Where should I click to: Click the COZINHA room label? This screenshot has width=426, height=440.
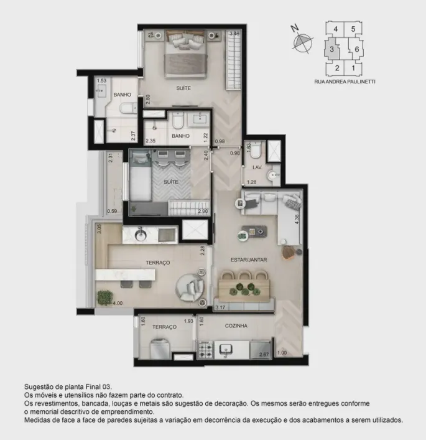click(x=236, y=325)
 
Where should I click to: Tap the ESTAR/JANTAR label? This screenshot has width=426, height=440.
click(x=249, y=260)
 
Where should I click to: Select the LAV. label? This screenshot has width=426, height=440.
click(x=257, y=167)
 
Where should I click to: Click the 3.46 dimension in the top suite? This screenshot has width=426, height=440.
click(x=234, y=34)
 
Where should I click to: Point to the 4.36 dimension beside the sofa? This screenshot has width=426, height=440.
click(x=297, y=219)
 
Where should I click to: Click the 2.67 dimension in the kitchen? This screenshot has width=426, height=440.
click(x=264, y=354)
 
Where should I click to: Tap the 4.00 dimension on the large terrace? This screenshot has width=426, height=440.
click(x=118, y=303)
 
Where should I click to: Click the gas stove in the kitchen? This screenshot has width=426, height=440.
click(x=206, y=350)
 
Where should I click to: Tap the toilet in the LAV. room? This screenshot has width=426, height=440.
click(x=256, y=149)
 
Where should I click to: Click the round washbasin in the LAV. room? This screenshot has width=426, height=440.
click(x=272, y=176)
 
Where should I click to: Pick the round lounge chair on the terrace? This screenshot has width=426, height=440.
click(x=190, y=288)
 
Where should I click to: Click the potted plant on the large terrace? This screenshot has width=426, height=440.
click(x=105, y=297)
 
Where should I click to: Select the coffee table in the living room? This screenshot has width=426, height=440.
click(x=254, y=232)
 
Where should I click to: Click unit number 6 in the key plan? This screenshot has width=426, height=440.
click(x=357, y=49)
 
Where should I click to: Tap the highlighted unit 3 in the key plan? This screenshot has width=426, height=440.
click(x=331, y=49)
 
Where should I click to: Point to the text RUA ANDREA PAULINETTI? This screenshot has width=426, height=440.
click(x=345, y=82)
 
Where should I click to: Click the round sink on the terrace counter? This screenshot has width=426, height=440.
click(x=140, y=235)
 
